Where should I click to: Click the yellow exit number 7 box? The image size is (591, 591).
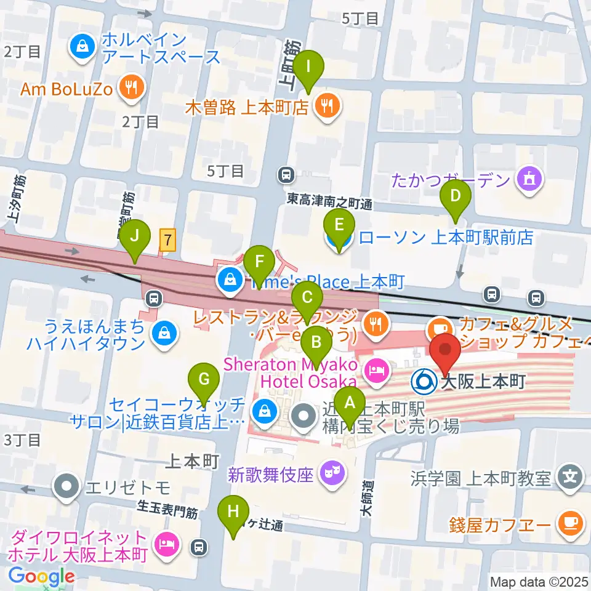click(x=167, y=239)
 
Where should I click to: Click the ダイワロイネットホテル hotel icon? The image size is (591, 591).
click(x=166, y=544)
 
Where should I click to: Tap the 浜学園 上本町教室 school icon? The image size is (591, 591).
click(x=570, y=476)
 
